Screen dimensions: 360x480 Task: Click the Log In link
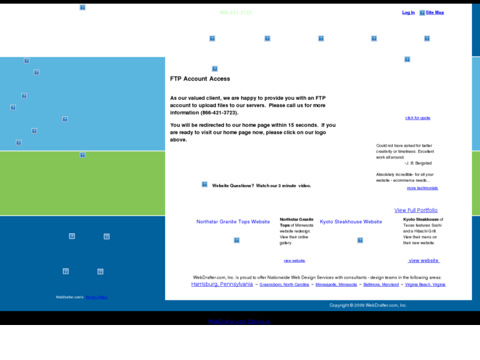pos(408,13)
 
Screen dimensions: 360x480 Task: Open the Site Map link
pos(434,13)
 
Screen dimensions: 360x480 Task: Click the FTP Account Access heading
pos(200,79)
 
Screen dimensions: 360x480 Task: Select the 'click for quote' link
pos(417,118)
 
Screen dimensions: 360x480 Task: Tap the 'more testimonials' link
pos(422,188)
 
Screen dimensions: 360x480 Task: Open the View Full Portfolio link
pos(416,210)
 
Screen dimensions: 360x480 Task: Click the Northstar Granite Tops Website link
pos(233,222)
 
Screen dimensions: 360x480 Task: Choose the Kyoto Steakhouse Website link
pos(351,222)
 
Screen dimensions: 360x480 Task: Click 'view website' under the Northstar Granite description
pos(294,261)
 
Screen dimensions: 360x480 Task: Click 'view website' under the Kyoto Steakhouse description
pos(424,260)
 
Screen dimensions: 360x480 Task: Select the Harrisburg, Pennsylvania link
pos(222,284)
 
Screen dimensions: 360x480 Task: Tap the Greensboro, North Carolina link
pos(284,285)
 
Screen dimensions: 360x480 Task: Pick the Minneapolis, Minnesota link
pos(336,285)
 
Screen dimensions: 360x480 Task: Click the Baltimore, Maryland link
pos(381,285)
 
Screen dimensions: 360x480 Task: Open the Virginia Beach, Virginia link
pos(425,285)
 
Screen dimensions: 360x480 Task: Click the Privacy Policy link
pos(96,297)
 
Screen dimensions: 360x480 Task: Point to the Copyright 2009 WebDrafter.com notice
pos(368,305)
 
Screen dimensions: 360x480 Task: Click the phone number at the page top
pos(236,13)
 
